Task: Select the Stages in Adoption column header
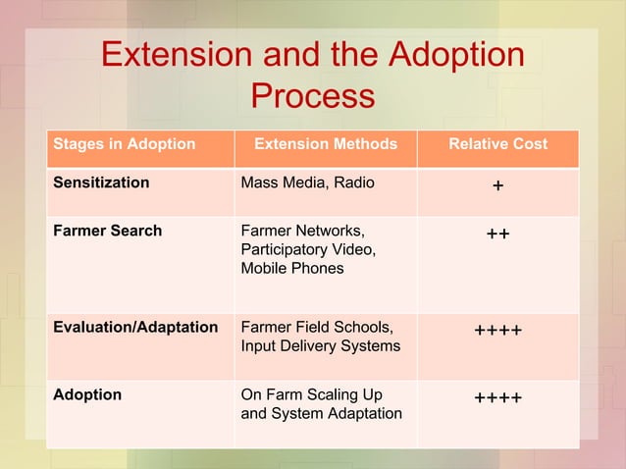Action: pyautogui.click(x=124, y=144)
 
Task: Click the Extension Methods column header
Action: pyautogui.click(x=326, y=144)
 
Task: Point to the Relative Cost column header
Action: pyautogui.click(x=497, y=144)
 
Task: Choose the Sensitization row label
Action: pyautogui.click(x=101, y=182)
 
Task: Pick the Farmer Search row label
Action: pyautogui.click(x=107, y=232)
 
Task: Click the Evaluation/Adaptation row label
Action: pyautogui.click(x=135, y=328)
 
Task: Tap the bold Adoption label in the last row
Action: pyautogui.click(x=87, y=394)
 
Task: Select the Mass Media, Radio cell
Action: pyautogui.click(x=307, y=182)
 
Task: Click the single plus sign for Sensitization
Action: pyautogui.click(x=497, y=186)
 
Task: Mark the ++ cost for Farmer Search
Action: pyautogui.click(x=497, y=234)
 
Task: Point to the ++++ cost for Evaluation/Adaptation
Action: pyautogui.click(x=497, y=332)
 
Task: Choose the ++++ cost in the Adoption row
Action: pyautogui.click(x=497, y=398)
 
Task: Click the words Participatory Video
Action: pyautogui.click(x=307, y=250)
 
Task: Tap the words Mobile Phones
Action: pyautogui.click(x=292, y=268)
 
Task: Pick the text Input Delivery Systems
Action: pyautogui.click(x=320, y=345)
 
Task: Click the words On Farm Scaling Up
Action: pyautogui.click(x=311, y=394)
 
